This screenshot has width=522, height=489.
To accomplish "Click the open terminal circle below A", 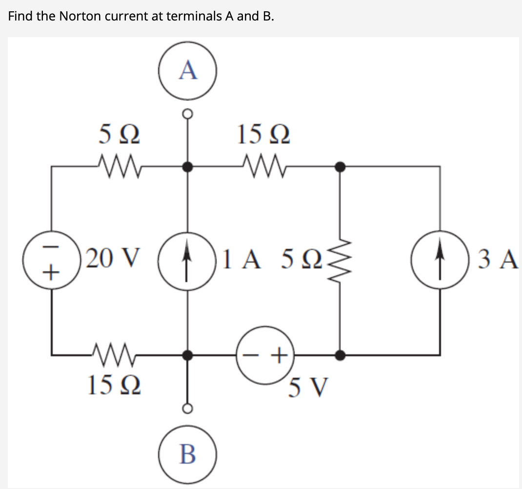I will (187, 114).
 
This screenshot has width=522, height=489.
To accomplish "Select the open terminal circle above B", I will (187, 407).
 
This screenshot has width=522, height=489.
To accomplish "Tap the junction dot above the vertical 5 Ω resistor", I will (341, 167).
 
